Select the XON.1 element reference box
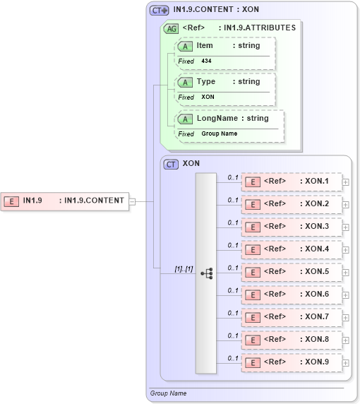292,182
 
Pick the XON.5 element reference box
292,272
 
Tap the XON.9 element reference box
292,362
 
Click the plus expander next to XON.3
345,227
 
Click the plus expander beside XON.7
345,317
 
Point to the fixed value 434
206,61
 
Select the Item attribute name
205,46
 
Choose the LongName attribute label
217,118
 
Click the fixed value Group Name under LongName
219,133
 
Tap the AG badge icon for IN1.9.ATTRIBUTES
171,28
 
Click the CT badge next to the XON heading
171,164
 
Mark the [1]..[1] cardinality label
184,268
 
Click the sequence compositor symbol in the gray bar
206,273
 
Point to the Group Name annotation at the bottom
168,393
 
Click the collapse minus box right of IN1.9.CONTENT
131,201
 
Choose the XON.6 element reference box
292,295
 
